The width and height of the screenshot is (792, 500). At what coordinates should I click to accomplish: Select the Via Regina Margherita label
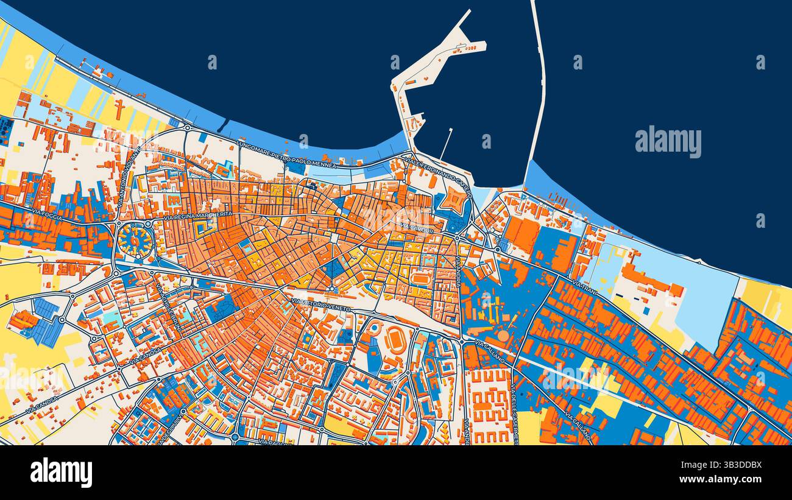pyautogui.click(x=198, y=215)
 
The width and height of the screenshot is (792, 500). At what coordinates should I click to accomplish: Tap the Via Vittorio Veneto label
pyautogui.click(x=320, y=305)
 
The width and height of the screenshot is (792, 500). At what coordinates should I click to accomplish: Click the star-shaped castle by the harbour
pyautogui.click(x=454, y=201)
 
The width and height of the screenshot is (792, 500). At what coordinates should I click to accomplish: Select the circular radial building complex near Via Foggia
pyautogui.click(x=134, y=240)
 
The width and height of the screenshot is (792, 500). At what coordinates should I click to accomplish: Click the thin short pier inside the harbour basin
pyautogui.click(x=447, y=144)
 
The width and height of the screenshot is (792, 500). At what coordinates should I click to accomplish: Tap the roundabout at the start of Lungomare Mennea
pyautogui.click(x=187, y=129)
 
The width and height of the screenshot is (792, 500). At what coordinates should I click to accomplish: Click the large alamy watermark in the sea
pyautogui.click(x=668, y=141)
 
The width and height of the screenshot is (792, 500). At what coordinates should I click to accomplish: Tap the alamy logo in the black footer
pyautogui.click(x=61, y=473)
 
